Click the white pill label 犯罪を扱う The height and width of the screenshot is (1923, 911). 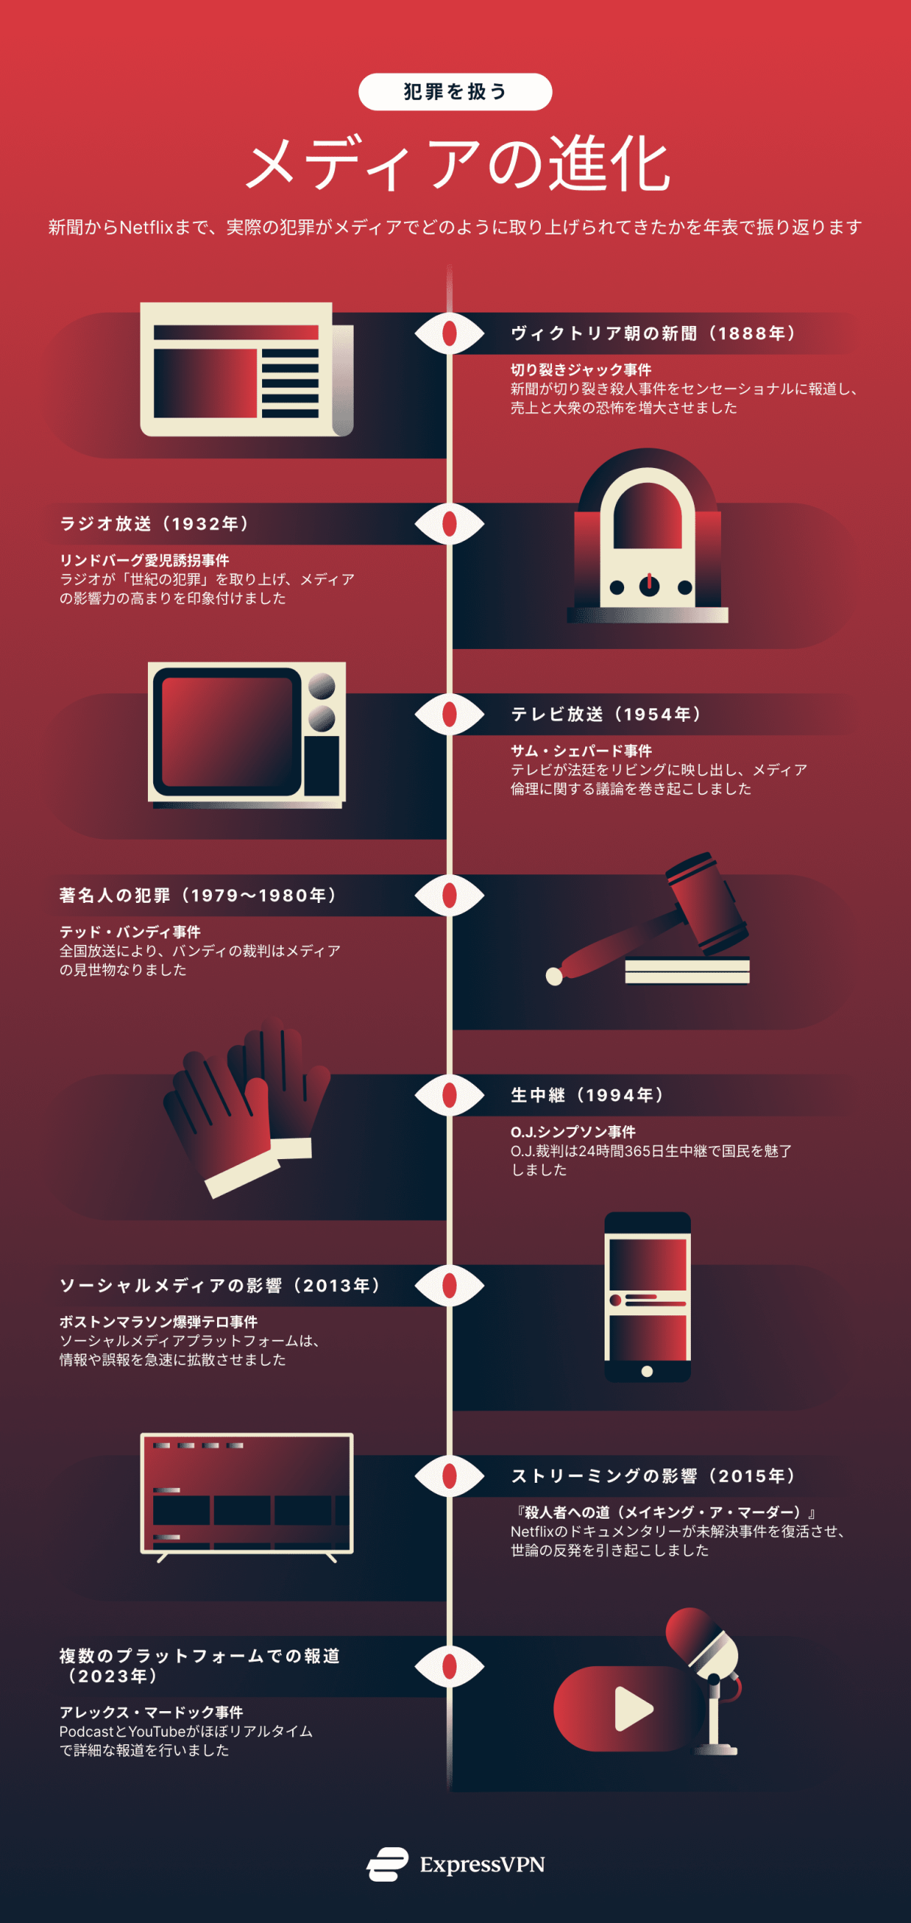pos(455,92)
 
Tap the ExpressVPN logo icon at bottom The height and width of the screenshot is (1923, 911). pos(388,1864)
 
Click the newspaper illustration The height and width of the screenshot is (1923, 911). pos(246,370)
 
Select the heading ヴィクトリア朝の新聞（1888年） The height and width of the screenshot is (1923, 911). pos(653,334)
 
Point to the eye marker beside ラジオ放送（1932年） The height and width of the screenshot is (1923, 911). pos(449,524)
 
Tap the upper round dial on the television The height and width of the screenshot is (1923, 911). pos(321,686)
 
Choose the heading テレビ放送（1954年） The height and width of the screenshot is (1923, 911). pos(605,714)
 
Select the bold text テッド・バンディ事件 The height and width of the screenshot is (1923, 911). pos(130,932)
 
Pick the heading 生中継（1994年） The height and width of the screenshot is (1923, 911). pos(587,1095)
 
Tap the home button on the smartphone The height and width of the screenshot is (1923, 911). pos(647,1372)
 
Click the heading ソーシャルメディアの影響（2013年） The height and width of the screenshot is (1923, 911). pos(220,1285)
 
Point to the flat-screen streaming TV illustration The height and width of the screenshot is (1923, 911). pos(246,1494)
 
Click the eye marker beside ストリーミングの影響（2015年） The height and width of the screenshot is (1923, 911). pos(449,1476)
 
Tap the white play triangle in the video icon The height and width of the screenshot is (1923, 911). pos(632,1708)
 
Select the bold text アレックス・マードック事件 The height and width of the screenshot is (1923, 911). pos(151,1713)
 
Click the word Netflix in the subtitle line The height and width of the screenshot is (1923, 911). pos(146,227)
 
